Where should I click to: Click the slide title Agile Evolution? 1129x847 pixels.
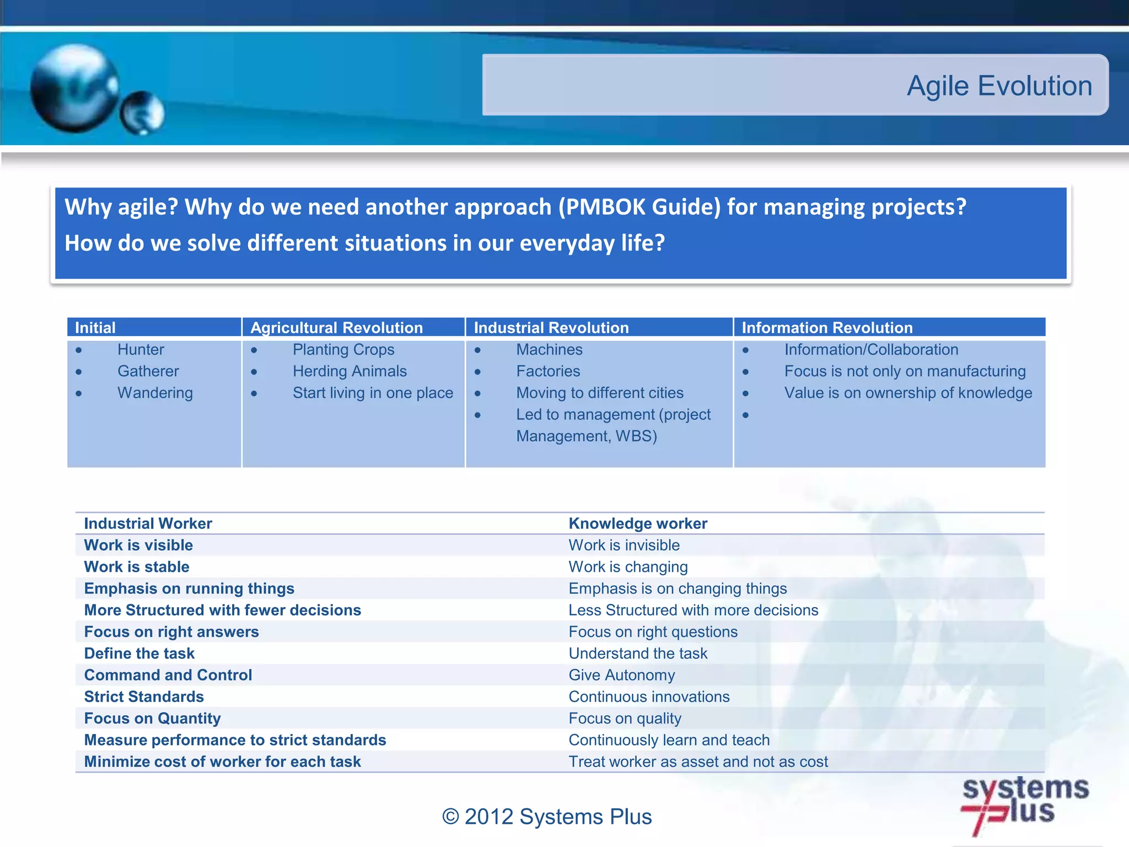[x=999, y=86]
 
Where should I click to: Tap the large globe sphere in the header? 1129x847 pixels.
[x=74, y=88]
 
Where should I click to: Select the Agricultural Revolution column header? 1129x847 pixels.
[x=336, y=328]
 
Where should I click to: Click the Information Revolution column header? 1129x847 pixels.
[x=827, y=328]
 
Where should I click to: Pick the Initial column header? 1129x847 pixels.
[x=95, y=328]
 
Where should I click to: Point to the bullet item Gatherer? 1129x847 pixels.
[x=148, y=371]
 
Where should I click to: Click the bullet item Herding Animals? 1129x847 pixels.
[x=350, y=371]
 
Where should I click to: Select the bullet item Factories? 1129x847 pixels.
[x=548, y=371]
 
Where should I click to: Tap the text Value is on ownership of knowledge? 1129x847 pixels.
[x=908, y=393]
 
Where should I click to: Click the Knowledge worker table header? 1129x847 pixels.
[x=638, y=523]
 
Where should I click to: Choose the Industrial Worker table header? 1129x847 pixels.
[x=148, y=523]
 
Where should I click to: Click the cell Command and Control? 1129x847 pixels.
[x=168, y=675]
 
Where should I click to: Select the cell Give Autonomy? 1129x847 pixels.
[x=621, y=675]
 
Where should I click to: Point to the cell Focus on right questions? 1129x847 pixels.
[x=653, y=632]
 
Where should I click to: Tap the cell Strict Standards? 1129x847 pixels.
[x=144, y=696]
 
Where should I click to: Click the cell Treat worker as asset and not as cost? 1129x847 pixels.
[x=698, y=762]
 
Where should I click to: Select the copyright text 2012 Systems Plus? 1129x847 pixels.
[x=547, y=817]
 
